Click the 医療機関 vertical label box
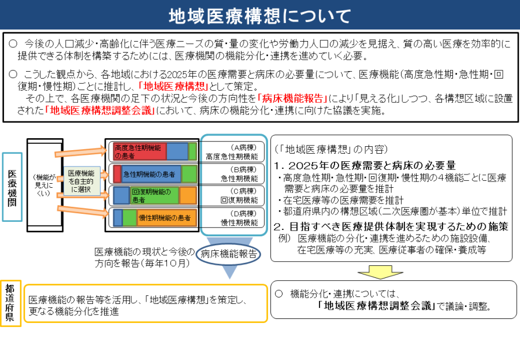(x=12, y=187)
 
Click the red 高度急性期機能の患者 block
(x=139, y=151)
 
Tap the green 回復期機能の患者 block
(x=153, y=195)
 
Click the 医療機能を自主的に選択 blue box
(x=81, y=181)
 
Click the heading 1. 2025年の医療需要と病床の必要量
(x=365, y=165)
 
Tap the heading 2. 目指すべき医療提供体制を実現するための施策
(x=391, y=226)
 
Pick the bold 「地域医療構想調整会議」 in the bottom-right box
(x=377, y=306)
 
